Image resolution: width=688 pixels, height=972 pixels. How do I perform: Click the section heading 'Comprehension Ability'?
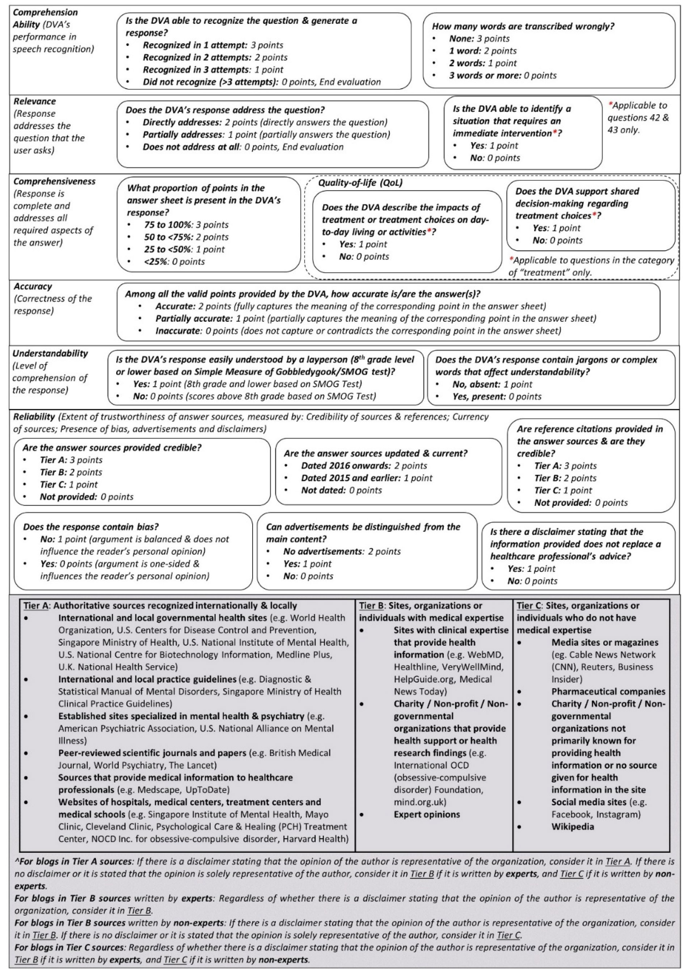(x=45, y=18)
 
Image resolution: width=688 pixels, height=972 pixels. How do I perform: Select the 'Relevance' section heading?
(x=35, y=101)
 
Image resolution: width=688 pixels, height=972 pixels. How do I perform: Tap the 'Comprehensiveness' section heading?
(x=54, y=181)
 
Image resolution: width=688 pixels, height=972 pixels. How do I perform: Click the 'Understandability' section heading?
(x=50, y=354)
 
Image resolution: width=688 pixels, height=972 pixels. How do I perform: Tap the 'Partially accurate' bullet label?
(x=194, y=318)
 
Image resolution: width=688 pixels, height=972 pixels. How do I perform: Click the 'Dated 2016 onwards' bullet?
(x=343, y=466)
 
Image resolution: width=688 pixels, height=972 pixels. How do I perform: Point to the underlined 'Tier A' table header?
(x=36, y=606)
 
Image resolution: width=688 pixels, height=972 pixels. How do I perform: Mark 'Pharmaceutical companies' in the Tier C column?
(x=608, y=691)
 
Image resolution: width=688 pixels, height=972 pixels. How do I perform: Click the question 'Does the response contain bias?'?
(x=91, y=527)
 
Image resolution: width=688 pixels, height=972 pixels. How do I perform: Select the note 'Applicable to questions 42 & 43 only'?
(x=638, y=118)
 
